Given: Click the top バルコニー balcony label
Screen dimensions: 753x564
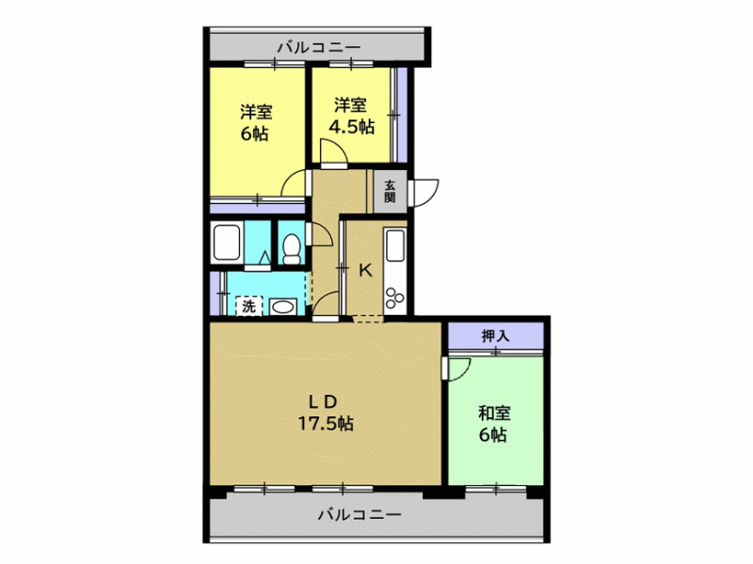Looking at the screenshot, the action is (319, 48).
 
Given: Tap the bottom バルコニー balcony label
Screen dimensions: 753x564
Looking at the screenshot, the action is (360, 515).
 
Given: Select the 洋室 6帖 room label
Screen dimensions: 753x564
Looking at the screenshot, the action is (256, 123).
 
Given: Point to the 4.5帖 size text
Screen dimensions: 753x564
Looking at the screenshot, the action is (351, 127).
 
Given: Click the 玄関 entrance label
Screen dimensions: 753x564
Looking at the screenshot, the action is (390, 191).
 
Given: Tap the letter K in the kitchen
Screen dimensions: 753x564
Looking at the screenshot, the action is (366, 271).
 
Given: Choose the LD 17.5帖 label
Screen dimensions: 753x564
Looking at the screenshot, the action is (326, 413).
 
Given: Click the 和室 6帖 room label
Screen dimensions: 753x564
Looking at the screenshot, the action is (494, 424).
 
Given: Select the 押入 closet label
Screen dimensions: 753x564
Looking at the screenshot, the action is (495, 336).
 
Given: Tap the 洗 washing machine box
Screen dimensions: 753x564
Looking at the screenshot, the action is (248, 305).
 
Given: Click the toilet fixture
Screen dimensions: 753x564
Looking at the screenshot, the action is (292, 248).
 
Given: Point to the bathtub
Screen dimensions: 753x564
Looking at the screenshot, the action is (227, 243).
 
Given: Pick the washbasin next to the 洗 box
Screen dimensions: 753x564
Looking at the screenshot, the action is (282, 306).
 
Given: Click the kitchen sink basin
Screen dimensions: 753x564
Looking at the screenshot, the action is (395, 245).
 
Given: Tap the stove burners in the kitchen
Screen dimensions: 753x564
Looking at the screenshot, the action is (394, 297).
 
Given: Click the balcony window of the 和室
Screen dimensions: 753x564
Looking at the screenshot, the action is (496, 489).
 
